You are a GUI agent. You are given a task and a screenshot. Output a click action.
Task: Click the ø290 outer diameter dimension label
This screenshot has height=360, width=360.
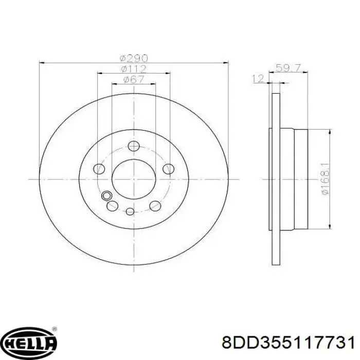click(x=134, y=58)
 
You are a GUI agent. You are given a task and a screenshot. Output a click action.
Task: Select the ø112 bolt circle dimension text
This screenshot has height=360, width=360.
click(x=134, y=69)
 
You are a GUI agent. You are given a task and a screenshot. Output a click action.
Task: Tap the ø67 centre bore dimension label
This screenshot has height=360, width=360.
click(x=134, y=79)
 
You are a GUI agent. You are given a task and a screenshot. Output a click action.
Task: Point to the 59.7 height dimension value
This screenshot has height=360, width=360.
click(x=288, y=68)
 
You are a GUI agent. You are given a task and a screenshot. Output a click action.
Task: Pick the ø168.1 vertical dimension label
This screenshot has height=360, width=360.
click(x=326, y=179)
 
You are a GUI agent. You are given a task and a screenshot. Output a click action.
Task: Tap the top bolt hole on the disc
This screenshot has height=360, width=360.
click(x=134, y=146)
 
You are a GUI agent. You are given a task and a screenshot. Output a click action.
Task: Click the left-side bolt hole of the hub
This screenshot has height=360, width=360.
click(x=99, y=169)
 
